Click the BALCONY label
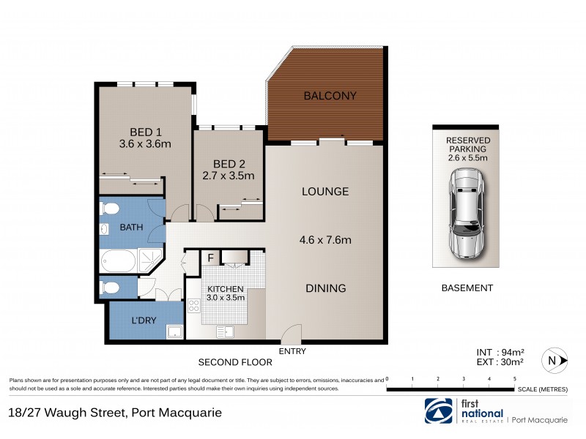click(330, 96)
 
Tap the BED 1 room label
click(145, 132)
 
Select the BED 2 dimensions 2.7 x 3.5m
click(229, 176)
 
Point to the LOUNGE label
click(325, 192)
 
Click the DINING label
click(325, 288)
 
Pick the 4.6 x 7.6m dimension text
click(325, 240)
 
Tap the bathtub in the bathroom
click(119, 260)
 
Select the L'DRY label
click(143, 321)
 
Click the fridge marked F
click(210, 258)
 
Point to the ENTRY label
click(292, 351)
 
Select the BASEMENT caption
click(467, 288)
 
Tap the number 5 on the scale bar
click(515, 379)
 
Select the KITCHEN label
click(225, 288)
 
